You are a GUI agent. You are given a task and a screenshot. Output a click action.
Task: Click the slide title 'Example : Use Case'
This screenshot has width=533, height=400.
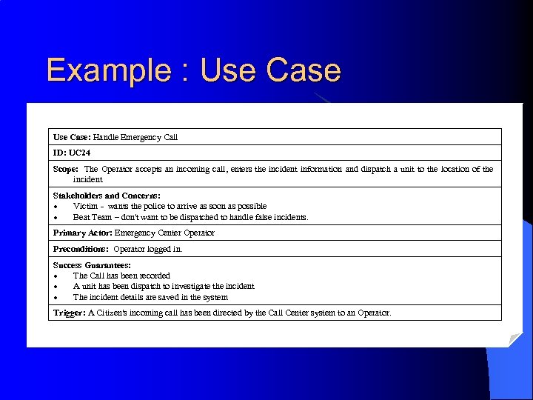(x=193, y=70)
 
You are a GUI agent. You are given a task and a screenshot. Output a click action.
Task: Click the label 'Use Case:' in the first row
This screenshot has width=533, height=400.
(x=72, y=137)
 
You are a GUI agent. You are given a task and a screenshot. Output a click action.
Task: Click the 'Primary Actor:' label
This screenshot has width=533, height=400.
(x=82, y=233)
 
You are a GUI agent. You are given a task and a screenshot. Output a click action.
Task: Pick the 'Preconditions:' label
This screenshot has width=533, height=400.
(x=81, y=249)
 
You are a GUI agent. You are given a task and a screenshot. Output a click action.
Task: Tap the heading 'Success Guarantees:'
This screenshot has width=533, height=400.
(x=92, y=265)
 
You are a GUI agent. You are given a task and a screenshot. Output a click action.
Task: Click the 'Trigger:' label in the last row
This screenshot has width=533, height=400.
(x=70, y=313)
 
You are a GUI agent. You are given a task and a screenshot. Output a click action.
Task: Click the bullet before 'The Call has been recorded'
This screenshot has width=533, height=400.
(x=56, y=276)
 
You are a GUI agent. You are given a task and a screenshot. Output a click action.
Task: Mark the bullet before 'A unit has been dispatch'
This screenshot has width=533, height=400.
(x=56, y=286)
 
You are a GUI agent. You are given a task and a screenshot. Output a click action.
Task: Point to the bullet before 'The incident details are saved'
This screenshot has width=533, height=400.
(x=56, y=297)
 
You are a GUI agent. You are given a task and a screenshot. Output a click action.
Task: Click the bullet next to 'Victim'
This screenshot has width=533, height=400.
(x=56, y=206)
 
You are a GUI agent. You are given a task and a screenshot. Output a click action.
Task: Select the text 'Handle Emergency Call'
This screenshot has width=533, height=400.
(x=135, y=137)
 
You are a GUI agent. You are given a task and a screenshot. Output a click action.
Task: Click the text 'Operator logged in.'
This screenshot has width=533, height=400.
(x=148, y=249)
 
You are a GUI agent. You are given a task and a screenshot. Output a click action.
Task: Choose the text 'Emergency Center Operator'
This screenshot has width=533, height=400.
(x=164, y=233)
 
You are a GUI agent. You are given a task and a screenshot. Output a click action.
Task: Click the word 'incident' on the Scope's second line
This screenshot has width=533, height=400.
(x=87, y=179)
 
